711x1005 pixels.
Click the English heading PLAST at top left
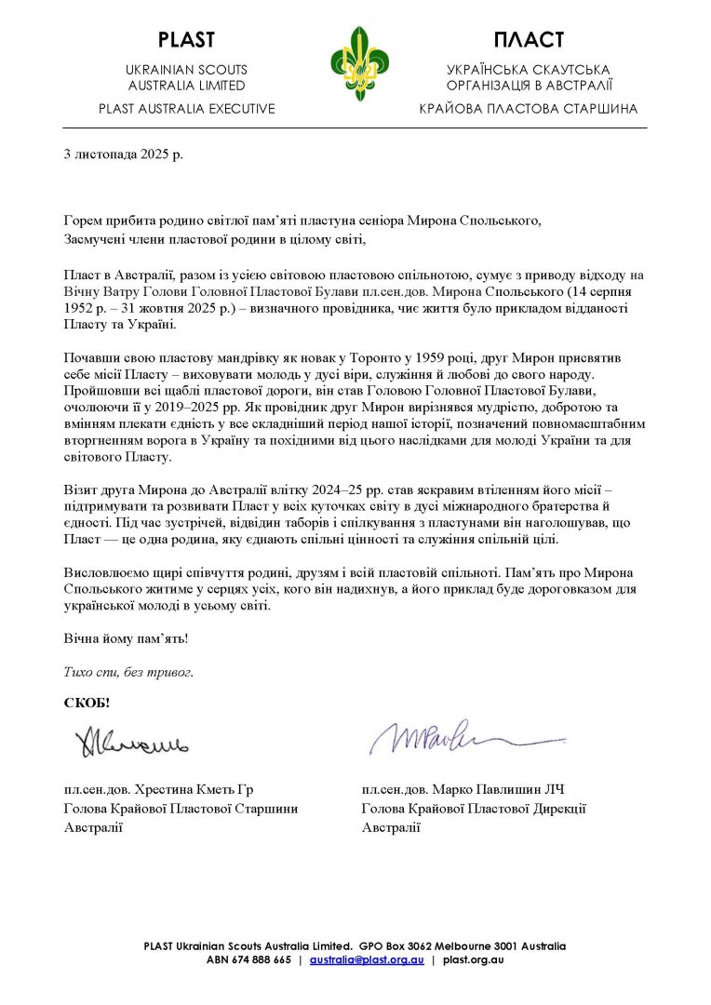pyautogui.click(x=186, y=40)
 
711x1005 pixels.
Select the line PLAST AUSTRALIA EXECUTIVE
pyautogui.click(x=187, y=109)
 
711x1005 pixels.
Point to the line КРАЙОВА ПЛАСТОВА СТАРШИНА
pyautogui.click(x=529, y=109)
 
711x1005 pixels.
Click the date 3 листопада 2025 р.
pyautogui.click(x=123, y=154)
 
